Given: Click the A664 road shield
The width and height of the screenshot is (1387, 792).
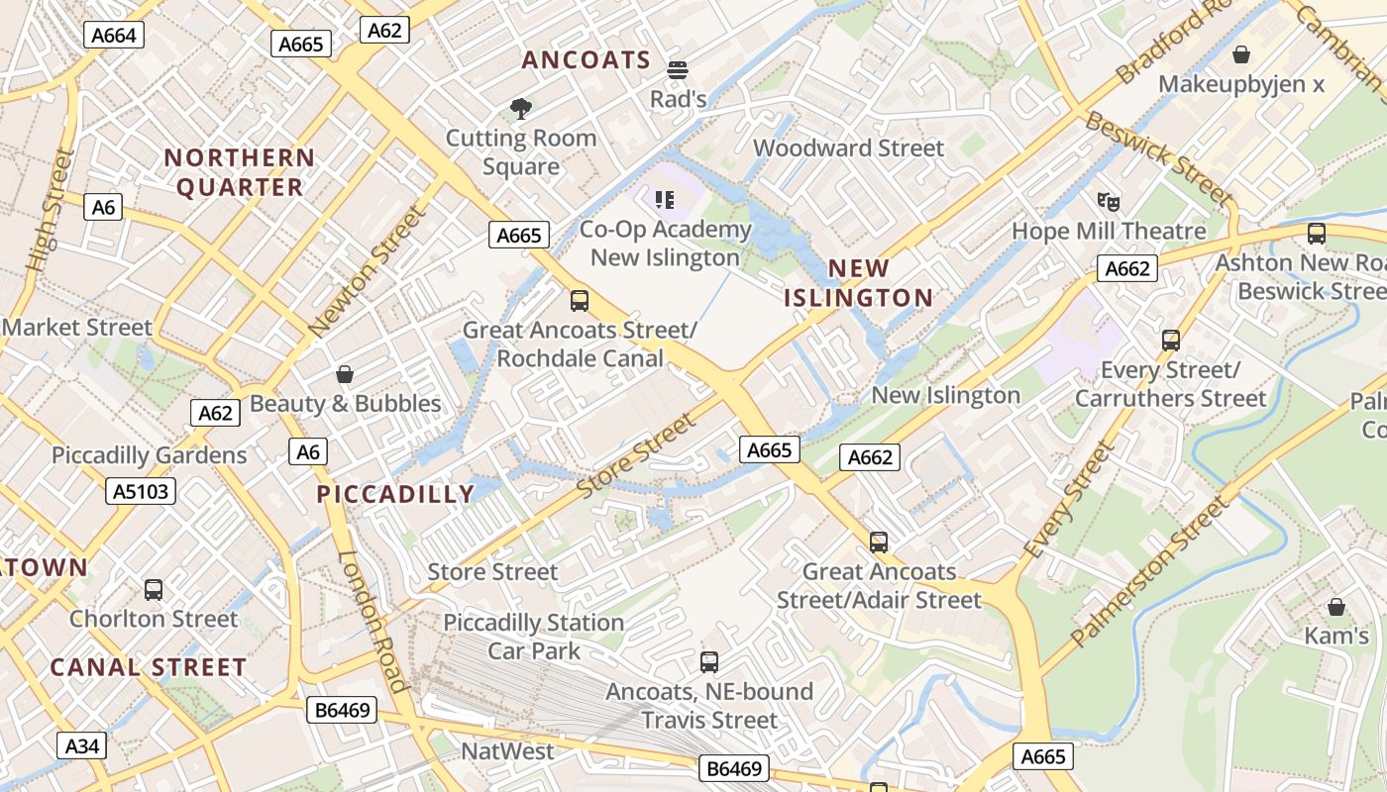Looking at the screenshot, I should (x=113, y=35).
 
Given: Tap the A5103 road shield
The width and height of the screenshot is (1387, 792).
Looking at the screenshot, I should (x=141, y=490).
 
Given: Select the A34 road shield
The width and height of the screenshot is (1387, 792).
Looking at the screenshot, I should (x=81, y=745).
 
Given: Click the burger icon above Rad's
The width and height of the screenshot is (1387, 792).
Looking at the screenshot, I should (x=678, y=70).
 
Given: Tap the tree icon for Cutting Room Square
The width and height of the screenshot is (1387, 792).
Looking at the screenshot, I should (x=521, y=108).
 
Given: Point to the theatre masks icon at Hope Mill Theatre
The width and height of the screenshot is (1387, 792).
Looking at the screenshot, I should (x=1109, y=202).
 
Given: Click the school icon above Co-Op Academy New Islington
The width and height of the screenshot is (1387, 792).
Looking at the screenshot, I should (x=665, y=200).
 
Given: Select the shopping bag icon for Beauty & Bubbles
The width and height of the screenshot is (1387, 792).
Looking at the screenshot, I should (x=345, y=374).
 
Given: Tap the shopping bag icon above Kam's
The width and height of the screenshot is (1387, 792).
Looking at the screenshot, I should (x=1336, y=607).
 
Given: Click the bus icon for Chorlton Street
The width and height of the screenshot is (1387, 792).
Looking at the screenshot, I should (x=154, y=590).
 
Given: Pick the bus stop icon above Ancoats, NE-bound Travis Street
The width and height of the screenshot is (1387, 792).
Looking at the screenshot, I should (x=709, y=662).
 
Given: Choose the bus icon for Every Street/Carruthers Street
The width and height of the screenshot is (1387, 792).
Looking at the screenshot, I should (x=1171, y=341).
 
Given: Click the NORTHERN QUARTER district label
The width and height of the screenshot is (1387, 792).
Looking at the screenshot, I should (x=239, y=172).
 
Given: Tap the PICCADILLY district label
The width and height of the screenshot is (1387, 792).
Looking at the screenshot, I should (x=395, y=494).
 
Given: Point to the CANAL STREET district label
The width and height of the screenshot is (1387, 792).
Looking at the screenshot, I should (x=148, y=667).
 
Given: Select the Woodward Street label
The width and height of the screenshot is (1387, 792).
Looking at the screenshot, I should (x=848, y=148).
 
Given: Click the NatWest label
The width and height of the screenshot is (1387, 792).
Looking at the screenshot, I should (x=507, y=751).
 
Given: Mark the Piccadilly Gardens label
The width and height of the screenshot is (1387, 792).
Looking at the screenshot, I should (x=149, y=455).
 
